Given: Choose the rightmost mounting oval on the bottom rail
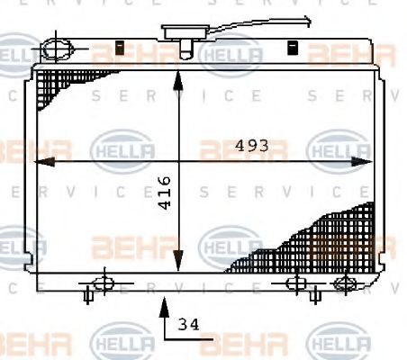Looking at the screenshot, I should [343, 283].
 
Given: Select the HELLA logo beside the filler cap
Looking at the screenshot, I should [232, 57].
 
